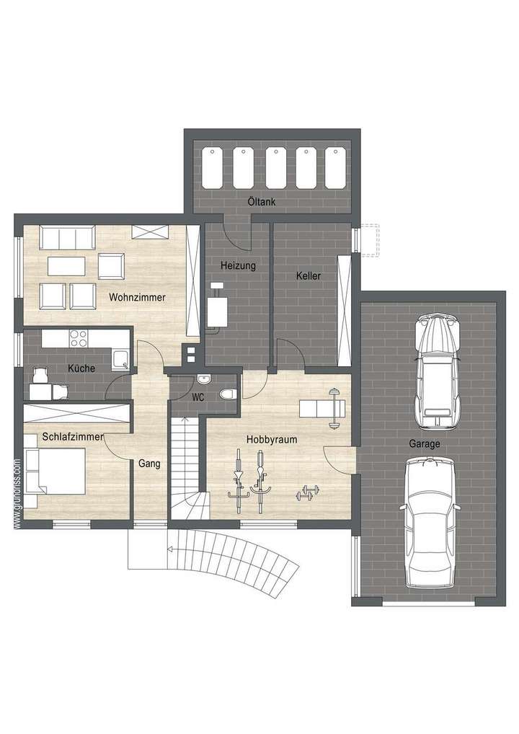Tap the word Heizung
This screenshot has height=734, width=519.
pos(238,265)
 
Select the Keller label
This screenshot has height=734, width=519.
pos(308,275)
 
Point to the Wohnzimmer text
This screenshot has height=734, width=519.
pos(138,297)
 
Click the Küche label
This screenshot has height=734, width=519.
pos(81,368)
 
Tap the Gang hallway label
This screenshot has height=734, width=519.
pos(149,464)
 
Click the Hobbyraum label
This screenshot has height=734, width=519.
pos(272,438)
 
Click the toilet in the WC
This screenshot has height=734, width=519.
pos(229,394)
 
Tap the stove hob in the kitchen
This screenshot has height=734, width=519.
pos(77,337)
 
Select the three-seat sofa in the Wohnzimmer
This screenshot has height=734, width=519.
pos(68,236)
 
